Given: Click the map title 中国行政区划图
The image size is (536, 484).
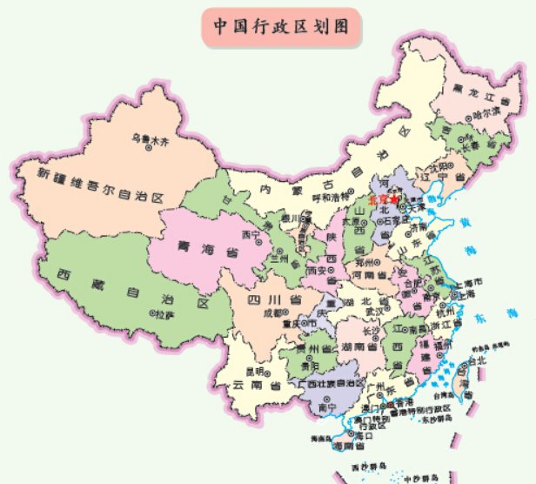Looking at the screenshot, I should point(281,26).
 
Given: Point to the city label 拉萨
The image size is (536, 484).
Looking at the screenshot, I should point(164,315).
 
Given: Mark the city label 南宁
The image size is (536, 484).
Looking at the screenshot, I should point(327,407).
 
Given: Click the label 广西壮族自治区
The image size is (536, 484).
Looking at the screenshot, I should point(332,383).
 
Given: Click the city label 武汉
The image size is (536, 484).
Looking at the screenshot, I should point(373,310).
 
